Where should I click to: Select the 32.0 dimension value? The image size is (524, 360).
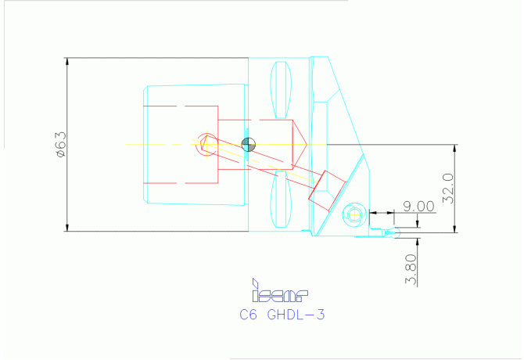tap(447, 189)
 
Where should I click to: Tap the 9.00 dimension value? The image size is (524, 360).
tap(418, 206)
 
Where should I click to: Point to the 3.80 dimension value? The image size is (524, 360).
tap(412, 269)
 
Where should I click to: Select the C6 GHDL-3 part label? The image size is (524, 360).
tap(281, 315)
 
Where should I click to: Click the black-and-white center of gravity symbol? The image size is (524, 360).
tap(249, 143)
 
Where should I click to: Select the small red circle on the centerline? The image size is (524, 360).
tap(205, 143)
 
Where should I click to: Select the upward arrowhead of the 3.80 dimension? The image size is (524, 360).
tap(418, 236)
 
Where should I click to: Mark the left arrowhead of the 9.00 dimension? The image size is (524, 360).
tap(372, 212)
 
